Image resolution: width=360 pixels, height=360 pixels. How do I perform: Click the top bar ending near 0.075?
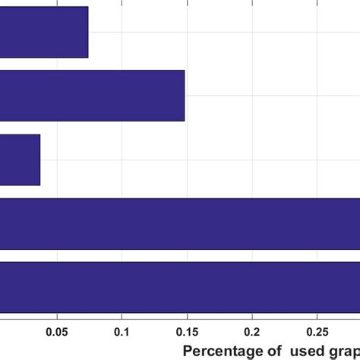tap(43, 32)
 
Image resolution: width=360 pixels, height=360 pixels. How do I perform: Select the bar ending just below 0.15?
tap(92, 96)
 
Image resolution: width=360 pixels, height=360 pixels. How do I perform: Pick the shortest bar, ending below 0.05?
tap(20, 159)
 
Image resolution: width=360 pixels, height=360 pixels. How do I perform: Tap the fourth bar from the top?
tap(180, 223)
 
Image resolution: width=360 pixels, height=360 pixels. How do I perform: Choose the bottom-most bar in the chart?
tap(180, 286)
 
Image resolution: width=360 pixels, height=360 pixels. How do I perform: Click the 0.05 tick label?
tap(57, 331)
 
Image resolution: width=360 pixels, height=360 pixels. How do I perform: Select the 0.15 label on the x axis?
tap(187, 331)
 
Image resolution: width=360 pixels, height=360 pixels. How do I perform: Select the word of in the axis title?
tap(271, 351)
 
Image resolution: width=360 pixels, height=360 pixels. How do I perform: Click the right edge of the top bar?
tap(88, 32)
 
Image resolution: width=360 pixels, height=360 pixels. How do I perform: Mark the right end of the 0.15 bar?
tap(185, 96)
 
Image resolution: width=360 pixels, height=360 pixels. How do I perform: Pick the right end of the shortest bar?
tap(39, 159)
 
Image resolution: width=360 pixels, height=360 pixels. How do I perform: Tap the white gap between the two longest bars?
tap(180, 255)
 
